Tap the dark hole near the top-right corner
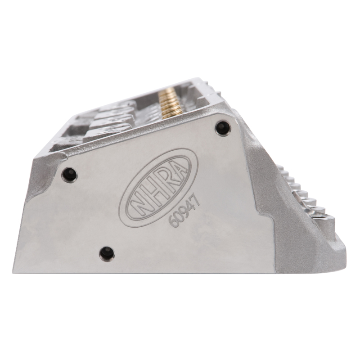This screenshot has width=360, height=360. [x=223, y=127]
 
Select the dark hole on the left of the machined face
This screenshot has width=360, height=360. [x=69, y=173]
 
